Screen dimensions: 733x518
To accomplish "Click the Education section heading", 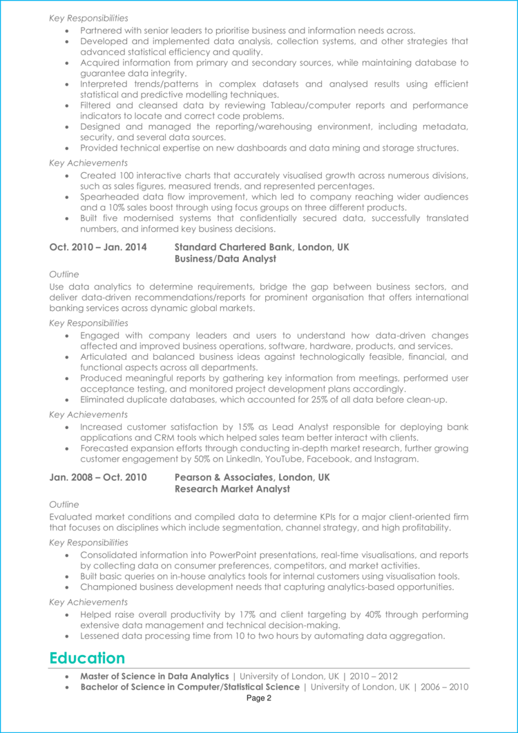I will pos(87,658).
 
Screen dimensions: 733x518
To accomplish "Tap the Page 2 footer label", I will pos(259,698).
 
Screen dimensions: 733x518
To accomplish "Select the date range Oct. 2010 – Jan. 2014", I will pos(98,247).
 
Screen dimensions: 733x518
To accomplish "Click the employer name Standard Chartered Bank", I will pos(234,247).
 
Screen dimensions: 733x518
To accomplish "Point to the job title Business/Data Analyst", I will pos(225,258).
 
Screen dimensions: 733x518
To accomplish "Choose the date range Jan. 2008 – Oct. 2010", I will pos(98,477).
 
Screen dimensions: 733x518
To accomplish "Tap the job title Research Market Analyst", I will pos(232,489).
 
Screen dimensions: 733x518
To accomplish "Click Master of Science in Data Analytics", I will pos(154,676).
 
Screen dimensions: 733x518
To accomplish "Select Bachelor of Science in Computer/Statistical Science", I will pos(190,687).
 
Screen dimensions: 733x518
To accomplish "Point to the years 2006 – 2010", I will pos(447,687).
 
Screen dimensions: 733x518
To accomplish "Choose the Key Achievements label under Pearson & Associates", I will pos(88,602).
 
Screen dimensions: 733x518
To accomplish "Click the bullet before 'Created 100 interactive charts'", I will pos(66,175).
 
